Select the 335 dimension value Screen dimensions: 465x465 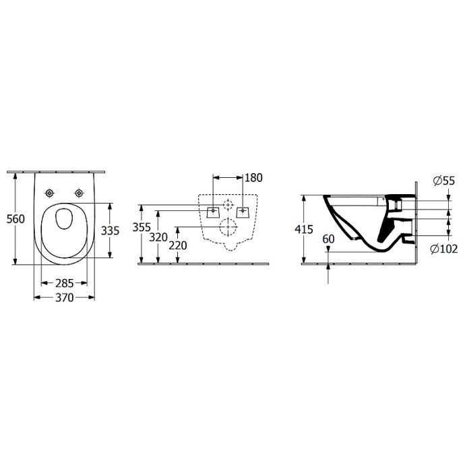click(x=110, y=230)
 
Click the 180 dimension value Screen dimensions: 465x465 click(x=253, y=178)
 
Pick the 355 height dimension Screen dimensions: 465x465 click(x=142, y=228)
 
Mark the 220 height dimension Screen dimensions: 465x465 click(x=178, y=245)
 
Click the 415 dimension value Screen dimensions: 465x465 click(x=305, y=230)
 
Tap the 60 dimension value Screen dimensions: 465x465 click(x=329, y=239)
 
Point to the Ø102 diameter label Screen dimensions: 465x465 click(x=443, y=249)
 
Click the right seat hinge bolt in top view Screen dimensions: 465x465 click(x=80, y=194)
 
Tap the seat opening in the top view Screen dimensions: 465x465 click(x=65, y=220)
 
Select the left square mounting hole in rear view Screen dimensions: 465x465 click(x=214, y=211)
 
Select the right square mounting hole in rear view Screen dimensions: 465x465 click(x=243, y=211)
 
